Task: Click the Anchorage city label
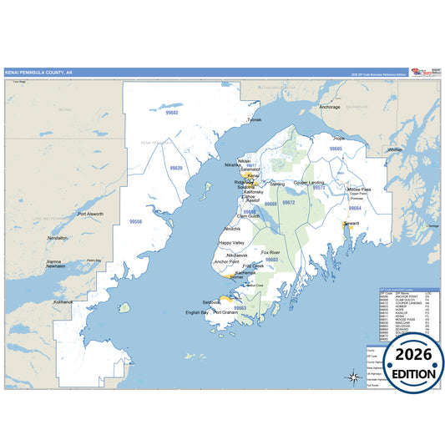(x=330, y=107)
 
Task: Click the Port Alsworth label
(x=90, y=215)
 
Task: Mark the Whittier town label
(x=395, y=149)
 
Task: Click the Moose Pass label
(x=359, y=190)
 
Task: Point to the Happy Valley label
(x=232, y=243)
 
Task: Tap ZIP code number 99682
(x=172, y=113)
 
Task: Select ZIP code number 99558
(x=136, y=221)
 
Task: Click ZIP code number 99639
(x=176, y=168)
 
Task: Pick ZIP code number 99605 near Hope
(x=336, y=148)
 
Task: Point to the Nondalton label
(x=58, y=238)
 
